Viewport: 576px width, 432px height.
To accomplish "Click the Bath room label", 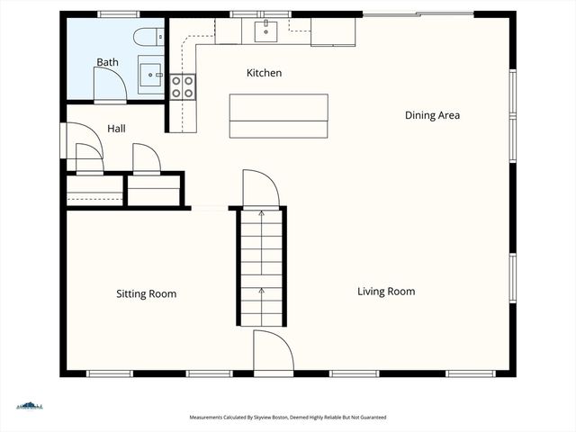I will (107, 62).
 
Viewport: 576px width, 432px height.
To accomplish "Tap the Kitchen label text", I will (265, 73).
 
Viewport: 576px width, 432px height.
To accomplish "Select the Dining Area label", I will (432, 115).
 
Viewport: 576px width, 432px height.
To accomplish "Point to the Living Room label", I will (386, 292).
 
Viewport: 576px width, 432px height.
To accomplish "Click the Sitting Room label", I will (146, 294).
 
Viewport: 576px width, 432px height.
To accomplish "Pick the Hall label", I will (116, 129).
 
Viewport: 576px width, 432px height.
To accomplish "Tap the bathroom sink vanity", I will (151, 74).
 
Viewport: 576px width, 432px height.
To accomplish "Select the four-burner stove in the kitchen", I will (183, 86).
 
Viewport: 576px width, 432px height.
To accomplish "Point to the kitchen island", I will (278, 115).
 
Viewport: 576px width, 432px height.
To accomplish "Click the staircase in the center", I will (261, 266).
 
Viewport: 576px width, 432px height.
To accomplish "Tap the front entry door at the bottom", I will (273, 352).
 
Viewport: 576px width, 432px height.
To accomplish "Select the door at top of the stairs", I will (260, 188).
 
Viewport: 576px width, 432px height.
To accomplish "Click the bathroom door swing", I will (109, 85).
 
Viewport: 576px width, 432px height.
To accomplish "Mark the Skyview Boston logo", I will (30, 406).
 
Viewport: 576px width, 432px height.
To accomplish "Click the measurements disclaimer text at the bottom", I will (288, 418).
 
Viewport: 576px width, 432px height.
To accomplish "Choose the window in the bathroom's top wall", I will (118, 14).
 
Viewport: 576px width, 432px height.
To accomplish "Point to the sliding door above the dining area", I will (418, 13).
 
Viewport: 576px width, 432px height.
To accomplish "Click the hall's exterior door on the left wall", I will (63, 141).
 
